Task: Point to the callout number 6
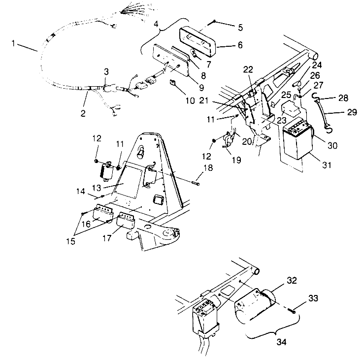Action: (240, 44)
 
